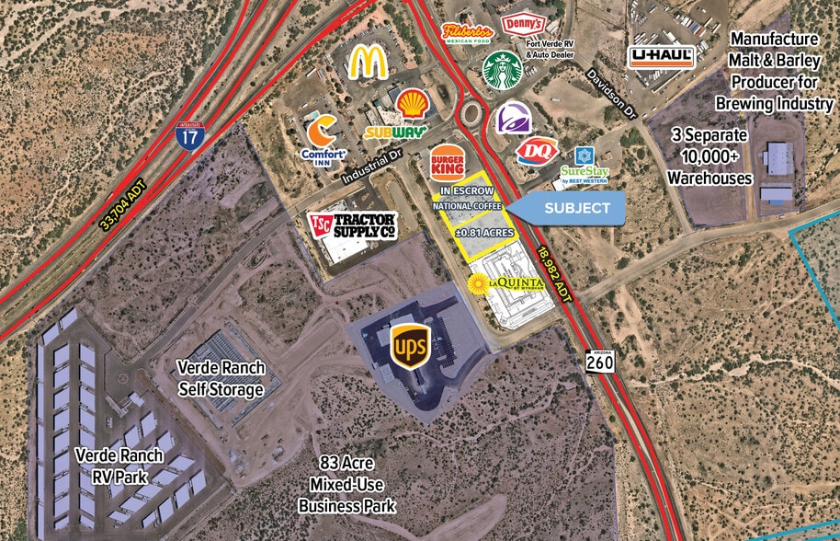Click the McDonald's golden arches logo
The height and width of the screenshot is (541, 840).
[x=367, y=62]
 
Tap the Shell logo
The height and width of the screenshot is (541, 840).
[x=412, y=102]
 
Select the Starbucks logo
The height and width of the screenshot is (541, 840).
[x=502, y=70]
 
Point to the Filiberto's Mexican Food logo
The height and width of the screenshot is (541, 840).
[x=469, y=33]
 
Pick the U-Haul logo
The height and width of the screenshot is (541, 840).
[x=662, y=56]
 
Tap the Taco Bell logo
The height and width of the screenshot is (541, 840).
[x=513, y=119]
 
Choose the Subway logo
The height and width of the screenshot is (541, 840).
[x=396, y=132]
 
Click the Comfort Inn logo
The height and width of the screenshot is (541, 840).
[x=324, y=138]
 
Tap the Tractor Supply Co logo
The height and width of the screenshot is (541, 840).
[x=351, y=224]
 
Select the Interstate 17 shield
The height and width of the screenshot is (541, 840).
[x=189, y=134]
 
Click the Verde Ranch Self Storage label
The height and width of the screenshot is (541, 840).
[x=221, y=378]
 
